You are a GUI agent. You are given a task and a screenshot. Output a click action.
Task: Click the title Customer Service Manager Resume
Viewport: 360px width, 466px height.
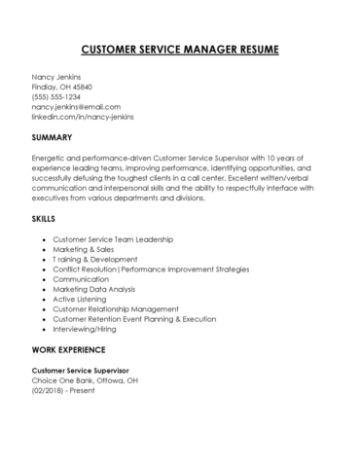[x=180, y=48]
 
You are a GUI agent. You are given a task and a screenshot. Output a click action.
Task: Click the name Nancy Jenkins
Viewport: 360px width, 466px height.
[x=57, y=77]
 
